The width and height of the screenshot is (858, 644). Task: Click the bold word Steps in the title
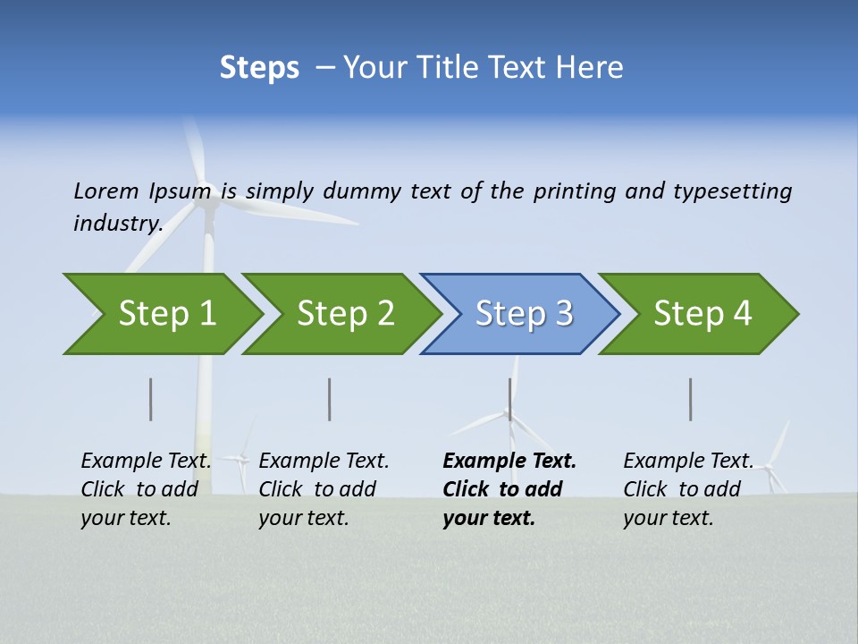pyautogui.click(x=259, y=68)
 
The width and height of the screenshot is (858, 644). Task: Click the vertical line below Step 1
pyautogui.click(x=151, y=399)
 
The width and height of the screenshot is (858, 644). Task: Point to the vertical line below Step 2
pyautogui.click(x=330, y=399)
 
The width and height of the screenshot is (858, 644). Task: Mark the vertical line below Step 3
pyautogui.click(x=510, y=399)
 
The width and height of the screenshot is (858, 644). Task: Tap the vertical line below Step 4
pyautogui.click(x=691, y=399)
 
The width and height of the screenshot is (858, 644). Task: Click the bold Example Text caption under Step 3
pyautogui.click(x=509, y=488)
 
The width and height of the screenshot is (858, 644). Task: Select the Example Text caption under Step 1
pyautogui.click(x=146, y=488)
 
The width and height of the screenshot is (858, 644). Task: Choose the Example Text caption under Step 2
pyautogui.click(x=324, y=488)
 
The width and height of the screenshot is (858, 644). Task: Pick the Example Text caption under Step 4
pyautogui.click(x=687, y=488)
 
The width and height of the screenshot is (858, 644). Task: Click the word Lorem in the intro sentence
pyautogui.click(x=106, y=191)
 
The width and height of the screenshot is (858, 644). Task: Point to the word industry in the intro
pyautogui.click(x=117, y=223)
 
